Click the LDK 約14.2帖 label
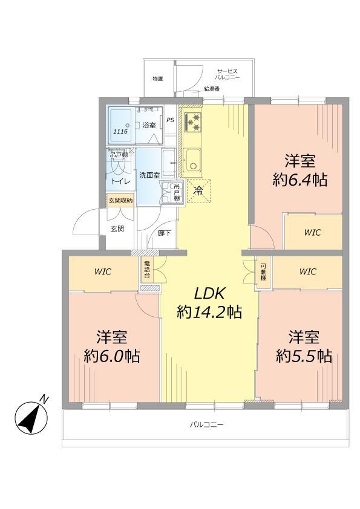point(209,303)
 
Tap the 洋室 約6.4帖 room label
point(301,170)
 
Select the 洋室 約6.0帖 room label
point(112,346)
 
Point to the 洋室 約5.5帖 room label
point(304,346)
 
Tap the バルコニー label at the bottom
point(206,425)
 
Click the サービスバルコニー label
point(229,74)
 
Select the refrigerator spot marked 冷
point(197,190)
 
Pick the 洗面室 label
point(149,175)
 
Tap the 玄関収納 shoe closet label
point(120,200)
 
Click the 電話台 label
point(146,270)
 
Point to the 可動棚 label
point(264,270)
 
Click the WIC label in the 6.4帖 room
point(312,232)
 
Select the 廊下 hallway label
point(163,232)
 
